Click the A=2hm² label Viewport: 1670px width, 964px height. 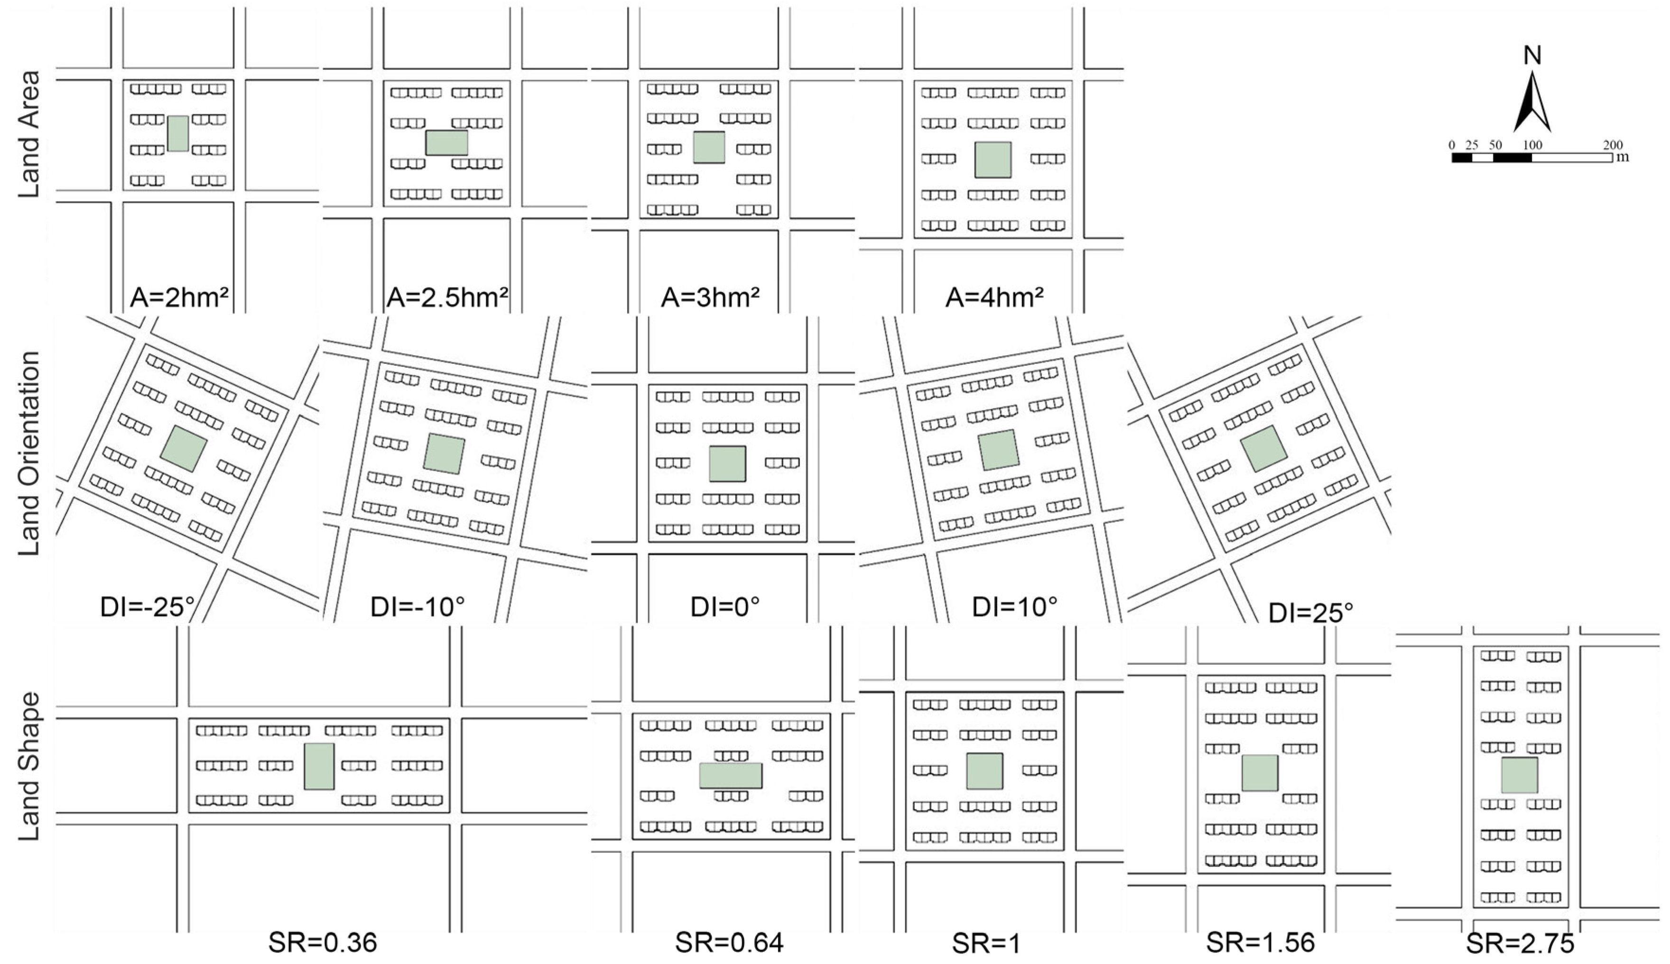point(179,297)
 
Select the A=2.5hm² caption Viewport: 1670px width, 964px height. point(447,297)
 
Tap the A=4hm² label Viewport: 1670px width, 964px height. point(994,297)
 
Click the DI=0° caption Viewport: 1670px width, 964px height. point(725,606)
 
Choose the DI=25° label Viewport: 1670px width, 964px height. point(1310,612)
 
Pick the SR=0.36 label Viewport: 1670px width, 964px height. point(322,942)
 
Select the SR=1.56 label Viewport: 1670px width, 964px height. point(1260,942)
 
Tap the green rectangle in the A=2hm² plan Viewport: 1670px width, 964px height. point(177,133)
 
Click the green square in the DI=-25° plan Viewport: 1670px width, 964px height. point(183,448)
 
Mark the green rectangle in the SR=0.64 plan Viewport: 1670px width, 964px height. point(731,775)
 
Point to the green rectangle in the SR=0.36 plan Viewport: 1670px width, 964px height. point(319,766)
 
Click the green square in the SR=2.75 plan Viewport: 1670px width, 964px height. point(1519,775)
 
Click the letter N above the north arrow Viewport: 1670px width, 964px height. point(1532,56)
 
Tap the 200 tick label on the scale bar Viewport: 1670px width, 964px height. point(1613,145)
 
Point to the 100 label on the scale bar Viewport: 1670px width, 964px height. point(1532,145)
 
